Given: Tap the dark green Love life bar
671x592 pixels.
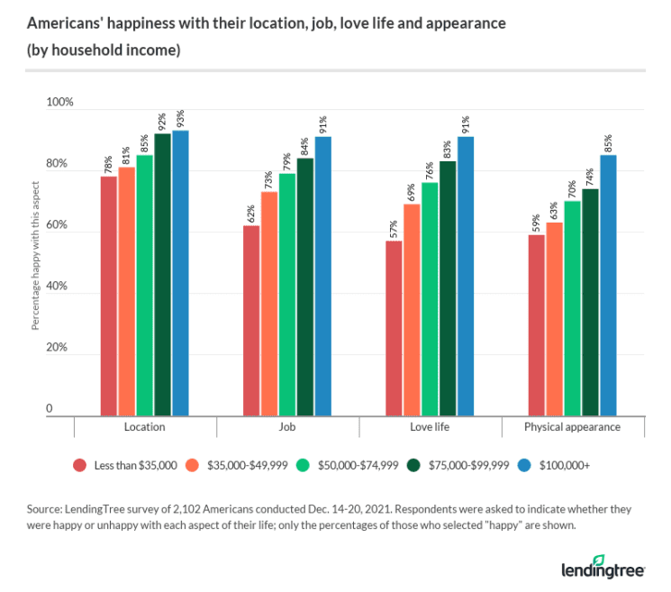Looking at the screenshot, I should coord(448,287).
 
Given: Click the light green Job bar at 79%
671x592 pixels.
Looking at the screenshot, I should coord(287,294).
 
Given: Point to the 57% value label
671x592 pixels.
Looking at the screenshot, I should coord(394,228).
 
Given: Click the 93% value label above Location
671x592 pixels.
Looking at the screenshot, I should coord(181,118).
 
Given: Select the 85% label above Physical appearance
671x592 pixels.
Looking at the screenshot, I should coord(609,142).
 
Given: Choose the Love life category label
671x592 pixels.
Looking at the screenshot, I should coord(431,427).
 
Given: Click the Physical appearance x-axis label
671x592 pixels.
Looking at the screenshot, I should coord(573,427).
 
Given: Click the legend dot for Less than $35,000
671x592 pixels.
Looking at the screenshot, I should coord(81,465).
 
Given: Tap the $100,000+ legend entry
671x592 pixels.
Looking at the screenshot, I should coord(562,465).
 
